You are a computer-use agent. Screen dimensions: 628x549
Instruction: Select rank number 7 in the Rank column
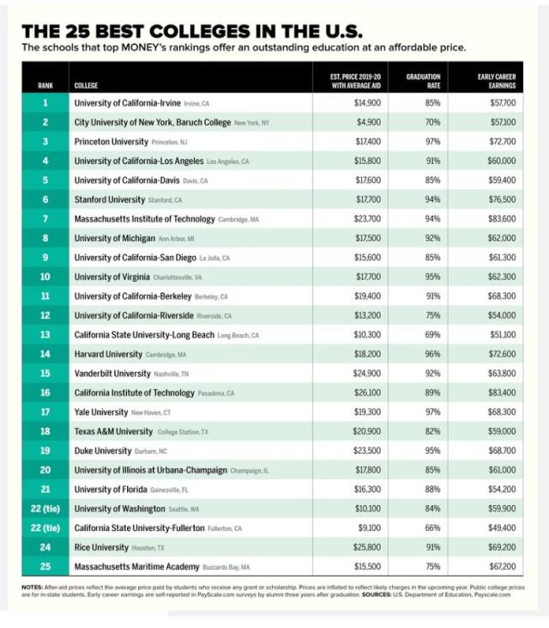click(45, 219)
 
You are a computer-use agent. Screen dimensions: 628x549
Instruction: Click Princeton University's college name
click(112, 141)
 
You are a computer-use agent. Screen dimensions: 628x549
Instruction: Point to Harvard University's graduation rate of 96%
click(432, 353)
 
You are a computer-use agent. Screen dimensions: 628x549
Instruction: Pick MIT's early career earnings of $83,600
click(503, 219)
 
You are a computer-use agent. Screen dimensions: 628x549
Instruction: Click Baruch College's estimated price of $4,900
click(368, 122)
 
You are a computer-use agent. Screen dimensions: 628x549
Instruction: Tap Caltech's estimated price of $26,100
click(367, 393)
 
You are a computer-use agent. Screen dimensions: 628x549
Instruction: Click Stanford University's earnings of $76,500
click(503, 199)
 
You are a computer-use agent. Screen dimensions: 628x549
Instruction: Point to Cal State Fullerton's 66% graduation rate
click(432, 527)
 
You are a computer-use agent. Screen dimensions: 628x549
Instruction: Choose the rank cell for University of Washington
click(45, 509)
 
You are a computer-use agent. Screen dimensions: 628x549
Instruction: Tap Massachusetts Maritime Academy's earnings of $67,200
click(503, 567)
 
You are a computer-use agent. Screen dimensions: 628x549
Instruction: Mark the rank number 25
click(45, 567)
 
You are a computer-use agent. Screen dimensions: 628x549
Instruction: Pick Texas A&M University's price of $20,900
click(367, 431)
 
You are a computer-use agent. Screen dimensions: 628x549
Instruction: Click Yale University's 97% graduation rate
click(432, 412)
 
